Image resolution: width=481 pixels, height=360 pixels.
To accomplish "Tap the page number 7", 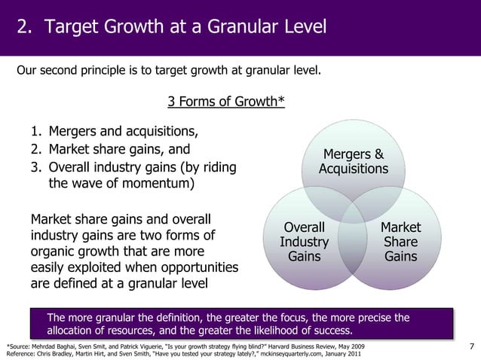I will [471, 346].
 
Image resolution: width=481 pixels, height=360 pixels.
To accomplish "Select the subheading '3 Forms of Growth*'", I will [225, 102].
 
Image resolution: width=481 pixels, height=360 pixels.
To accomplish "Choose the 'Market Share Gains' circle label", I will [400, 242].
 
